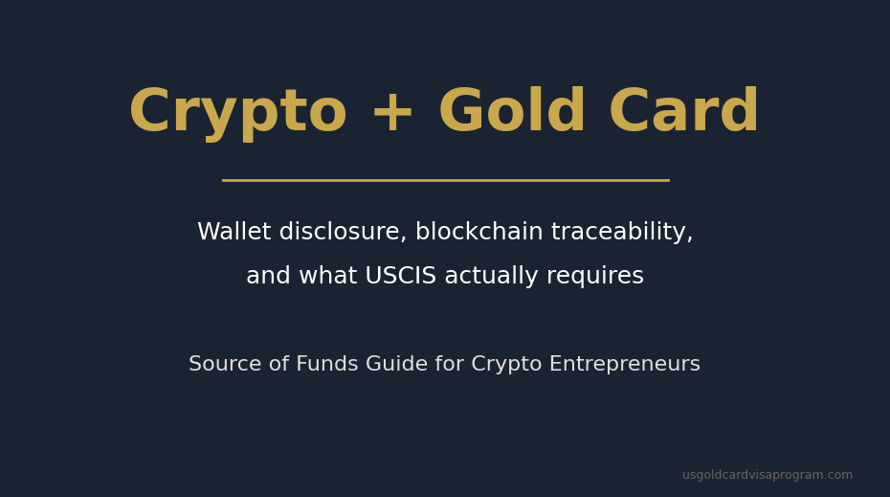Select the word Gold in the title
(x=512, y=113)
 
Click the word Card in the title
(x=683, y=113)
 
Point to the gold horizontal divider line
(x=445, y=180)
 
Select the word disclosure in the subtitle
(x=342, y=233)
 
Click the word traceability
(x=622, y=233)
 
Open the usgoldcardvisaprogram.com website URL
(x=767, y=475)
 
